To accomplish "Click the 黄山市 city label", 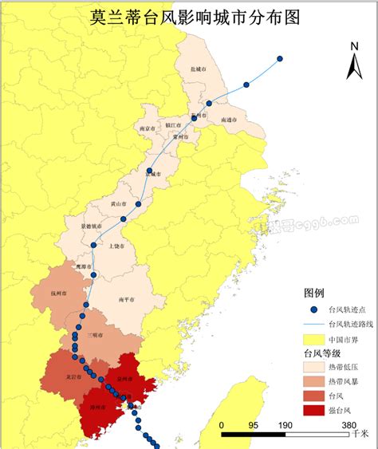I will click(x=119, y=204).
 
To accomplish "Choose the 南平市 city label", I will click(x=125, y=300).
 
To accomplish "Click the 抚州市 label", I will click(x=57, y=294).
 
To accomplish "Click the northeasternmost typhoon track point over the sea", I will click(x=280, y=58).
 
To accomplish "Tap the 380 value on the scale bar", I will click(x=348, y=425).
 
